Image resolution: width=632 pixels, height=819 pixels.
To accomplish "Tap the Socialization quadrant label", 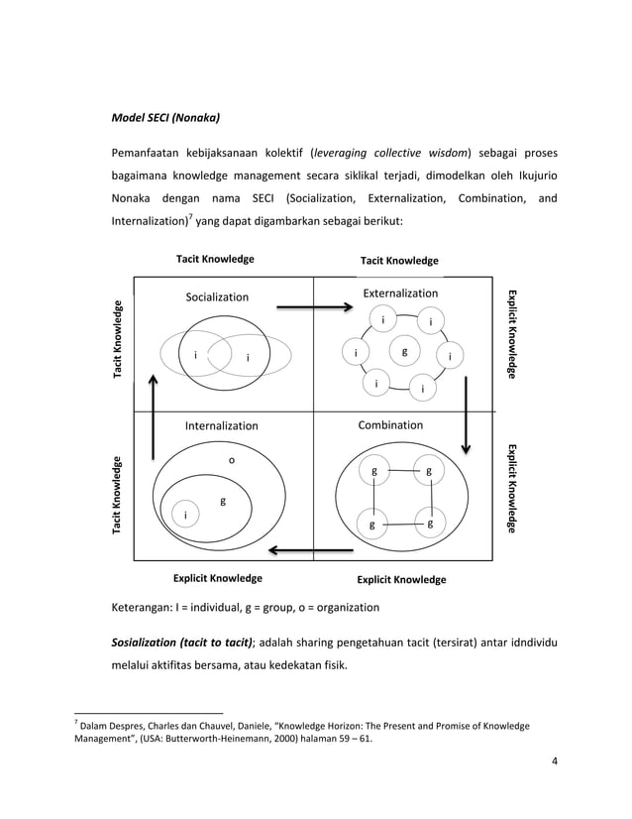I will pyautogui.click(x=217, y=296).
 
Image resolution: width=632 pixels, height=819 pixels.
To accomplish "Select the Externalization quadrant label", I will pyautogui.click(x=400, y=293).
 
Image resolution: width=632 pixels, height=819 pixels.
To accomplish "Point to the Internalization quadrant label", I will pyautogui.click(x=221, y=426).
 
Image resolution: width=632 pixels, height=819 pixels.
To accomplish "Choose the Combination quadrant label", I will pyautogui.click(x=390, y=425).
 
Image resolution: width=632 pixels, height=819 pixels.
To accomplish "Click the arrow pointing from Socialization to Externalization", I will pyautogui.click(x=313, y=308).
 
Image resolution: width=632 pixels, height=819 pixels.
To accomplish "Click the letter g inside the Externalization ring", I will pyautogui.click(x=404, y=351).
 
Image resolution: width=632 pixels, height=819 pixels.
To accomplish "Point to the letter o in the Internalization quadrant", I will pyautogui.click(x=231, y=460).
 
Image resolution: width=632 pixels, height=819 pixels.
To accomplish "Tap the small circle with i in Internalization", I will pyautogui.click(x=185, y=514).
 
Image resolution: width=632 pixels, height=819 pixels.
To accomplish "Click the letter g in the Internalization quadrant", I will pyautogui.click(x=223, y=501).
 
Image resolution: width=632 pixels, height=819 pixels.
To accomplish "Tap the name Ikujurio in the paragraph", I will pyautogui.click(x=533, y=176).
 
